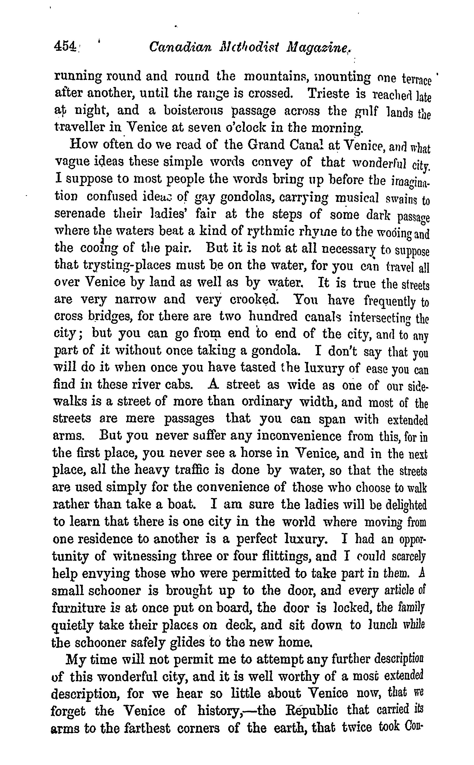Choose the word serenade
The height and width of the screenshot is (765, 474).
click(x=80, y=214)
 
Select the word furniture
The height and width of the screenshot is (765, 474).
click(x=79, y=608)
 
